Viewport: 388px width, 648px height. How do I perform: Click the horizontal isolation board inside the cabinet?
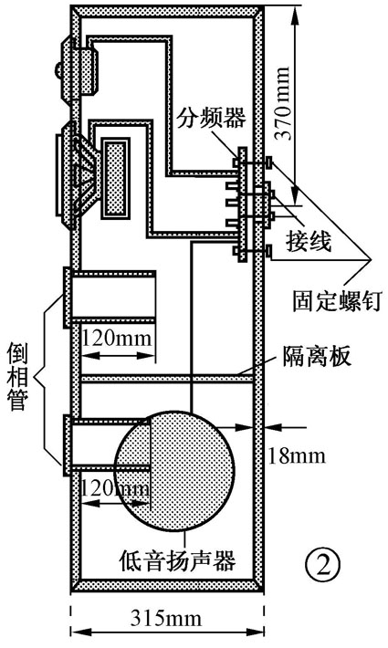(x=168, y=377)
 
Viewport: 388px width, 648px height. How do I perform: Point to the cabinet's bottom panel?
(x=168, y=584)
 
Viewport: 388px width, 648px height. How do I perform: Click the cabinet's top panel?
(x=168, y=13)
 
